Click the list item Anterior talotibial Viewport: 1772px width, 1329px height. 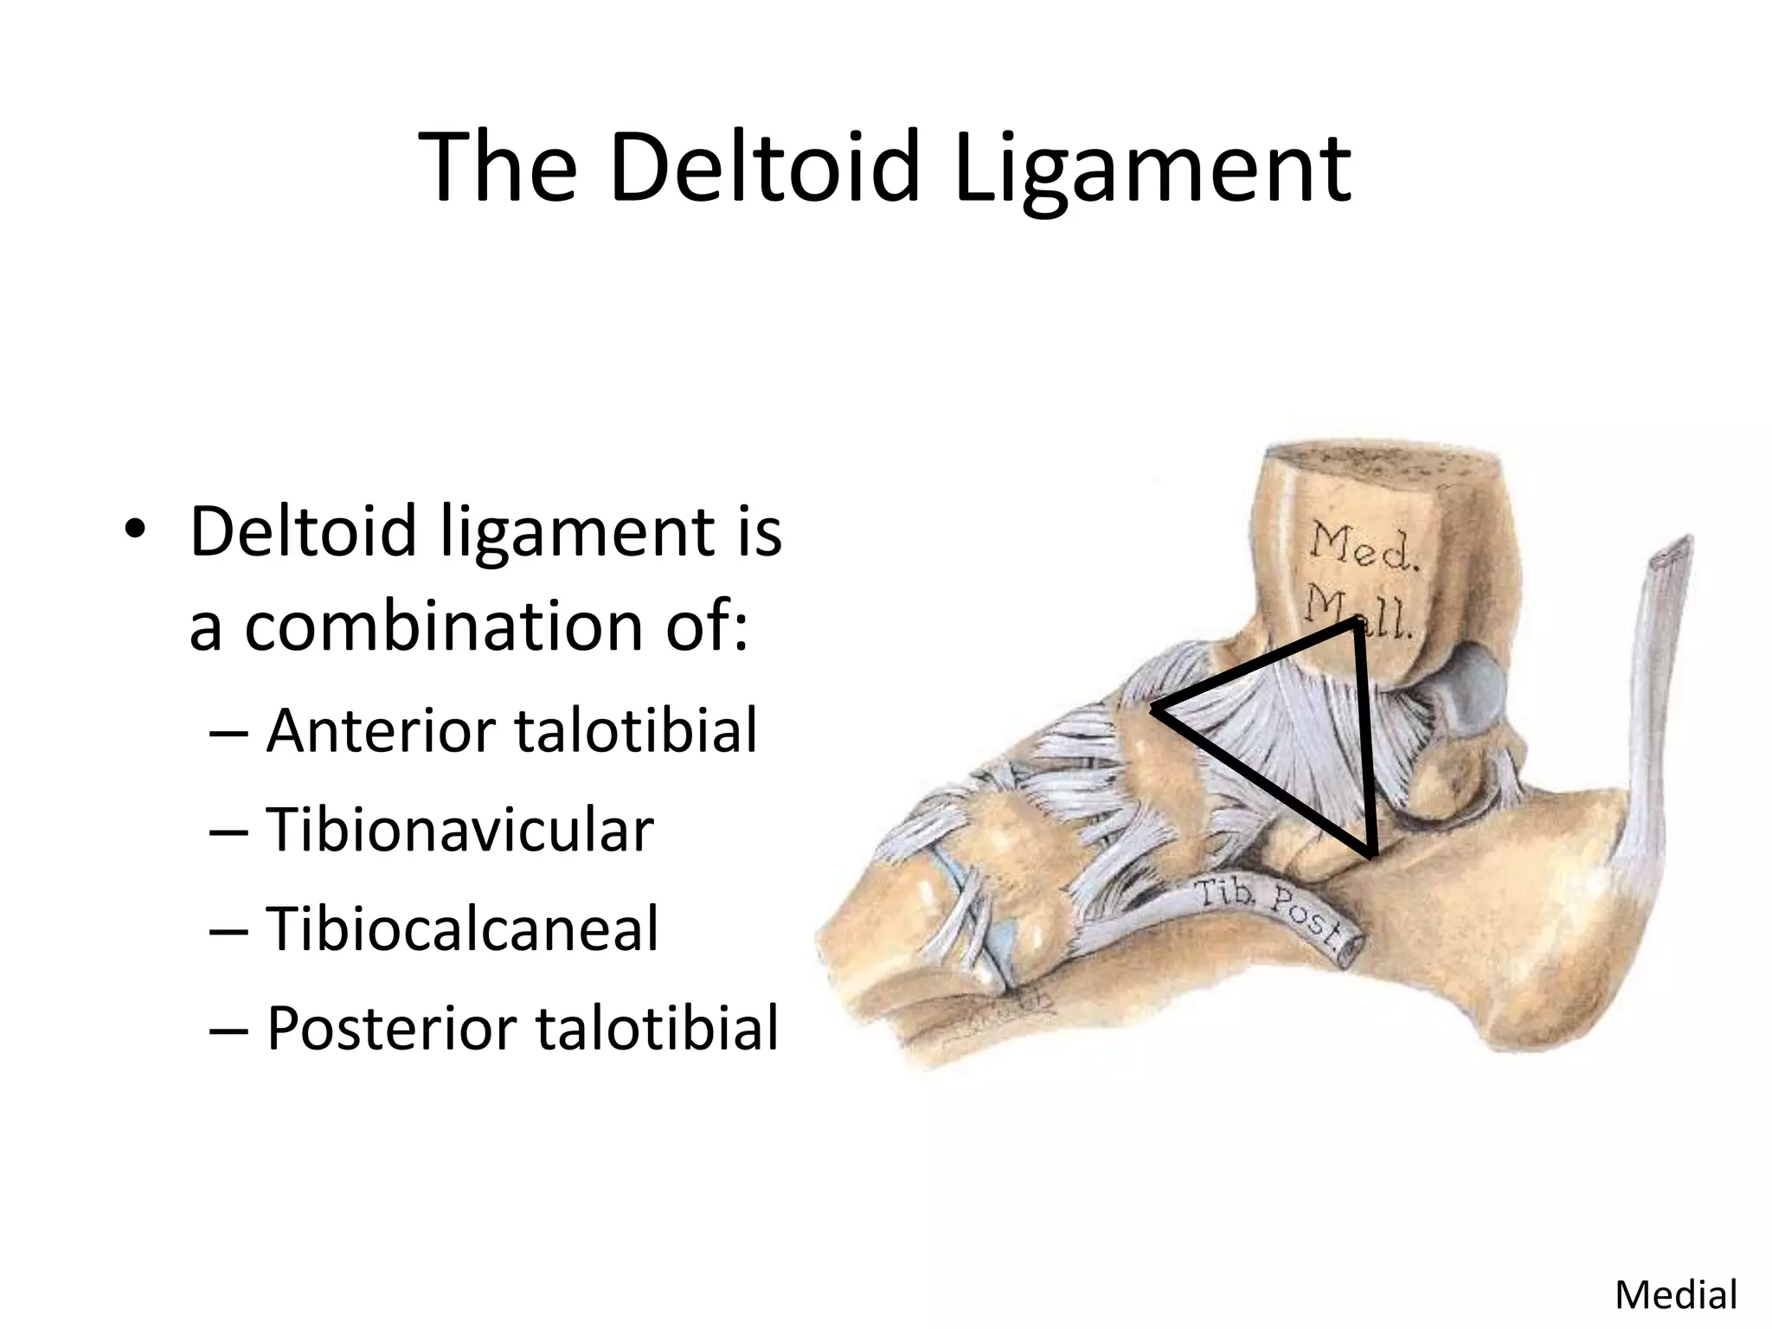pyautogui.click(x=511, y=730)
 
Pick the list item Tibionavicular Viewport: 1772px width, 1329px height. pyautogui.click(x=459, y=830)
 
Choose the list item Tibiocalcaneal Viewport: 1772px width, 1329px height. pyautogui.click(x=462, y=928)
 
